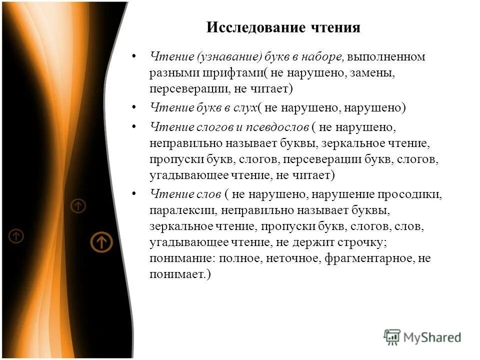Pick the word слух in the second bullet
click(x=243, y=107)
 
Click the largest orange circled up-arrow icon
click(x=101, y=242)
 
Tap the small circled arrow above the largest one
click(x=78, y=205)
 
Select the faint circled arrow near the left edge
click(x=16, y=235)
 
